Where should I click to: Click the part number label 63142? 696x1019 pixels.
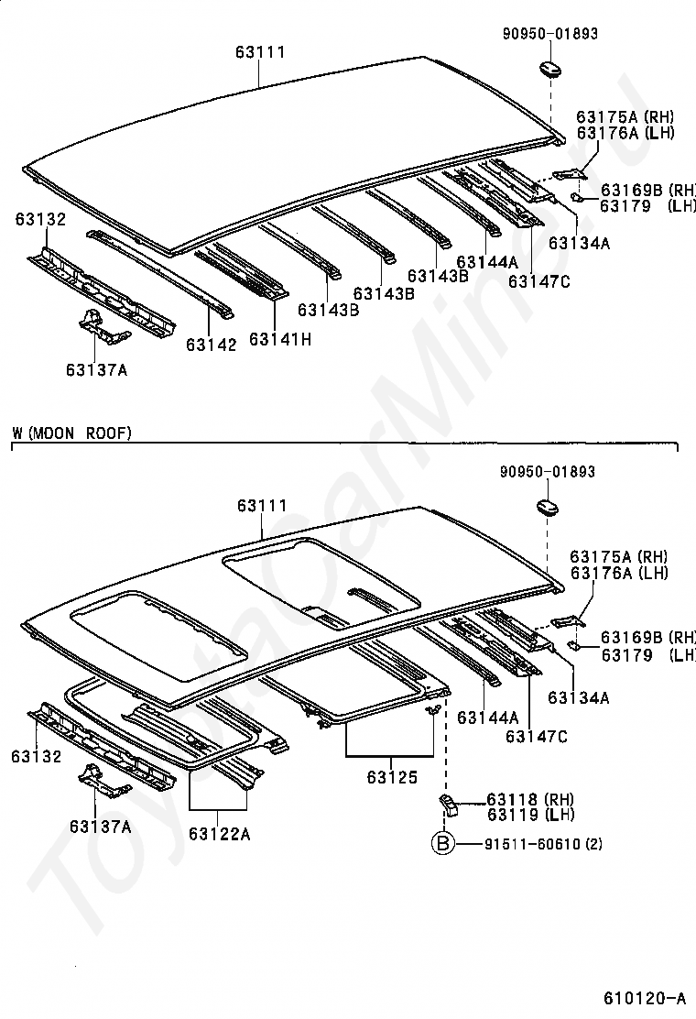tap(211, 345)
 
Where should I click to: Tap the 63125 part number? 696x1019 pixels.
tap(392, 777)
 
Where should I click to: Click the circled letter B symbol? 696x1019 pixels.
tap(443, 844)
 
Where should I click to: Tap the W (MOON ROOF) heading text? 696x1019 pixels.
tap(72, 433)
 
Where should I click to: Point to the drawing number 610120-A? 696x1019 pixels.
tap(645, 997)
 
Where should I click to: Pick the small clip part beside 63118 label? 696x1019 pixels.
tap(449, 804)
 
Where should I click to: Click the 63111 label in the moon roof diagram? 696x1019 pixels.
tap(262, 505)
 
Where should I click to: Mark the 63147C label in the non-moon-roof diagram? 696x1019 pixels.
tap(539, 281)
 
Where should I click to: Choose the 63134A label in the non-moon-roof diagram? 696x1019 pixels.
tap(579, 243)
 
